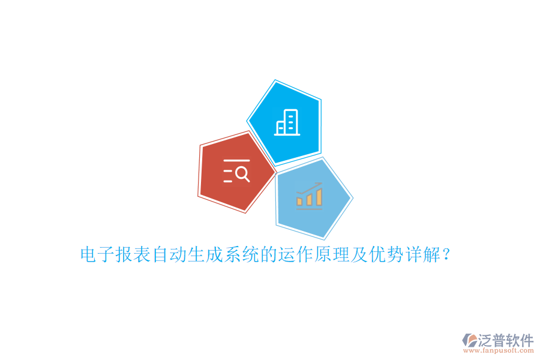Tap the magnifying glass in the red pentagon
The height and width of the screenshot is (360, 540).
click(x=242, y=174)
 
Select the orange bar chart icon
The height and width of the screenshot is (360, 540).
click(x=309, y=196)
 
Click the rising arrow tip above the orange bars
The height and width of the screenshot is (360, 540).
click(x=320, y=185)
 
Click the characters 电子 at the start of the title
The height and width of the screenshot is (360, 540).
click(x=98, y=255)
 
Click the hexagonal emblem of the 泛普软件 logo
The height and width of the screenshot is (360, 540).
click(x=469, y=340)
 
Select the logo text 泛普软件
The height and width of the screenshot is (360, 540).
click(x=505, y=340)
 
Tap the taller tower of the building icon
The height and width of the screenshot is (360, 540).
click(x=290, y=122)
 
